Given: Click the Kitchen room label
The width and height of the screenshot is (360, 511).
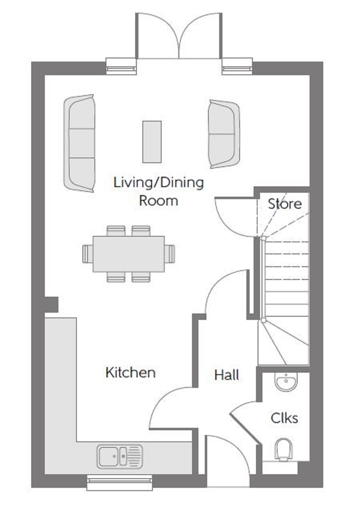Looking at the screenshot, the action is coord(130,373).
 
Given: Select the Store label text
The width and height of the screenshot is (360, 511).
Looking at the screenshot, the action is coord(285,204).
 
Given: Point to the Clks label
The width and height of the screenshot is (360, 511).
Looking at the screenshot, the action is coord(284,418).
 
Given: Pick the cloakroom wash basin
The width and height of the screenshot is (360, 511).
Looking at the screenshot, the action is coord(286,382).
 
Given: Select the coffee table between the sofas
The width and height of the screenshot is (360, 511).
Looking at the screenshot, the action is coord(152,142).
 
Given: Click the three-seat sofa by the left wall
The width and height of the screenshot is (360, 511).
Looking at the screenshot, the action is coord(79,143).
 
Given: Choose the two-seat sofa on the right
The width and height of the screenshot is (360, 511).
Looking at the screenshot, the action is coord(224,134).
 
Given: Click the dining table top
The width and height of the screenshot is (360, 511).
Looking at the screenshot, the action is coord(128,254).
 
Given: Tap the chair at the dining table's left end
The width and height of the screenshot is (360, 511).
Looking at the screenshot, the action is coord(88,254).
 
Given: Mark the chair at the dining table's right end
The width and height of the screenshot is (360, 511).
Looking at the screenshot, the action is coord(170,254).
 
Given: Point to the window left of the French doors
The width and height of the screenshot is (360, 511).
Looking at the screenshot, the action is coord(121,66).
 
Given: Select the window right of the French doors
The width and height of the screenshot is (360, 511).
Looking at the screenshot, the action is coord(237,66).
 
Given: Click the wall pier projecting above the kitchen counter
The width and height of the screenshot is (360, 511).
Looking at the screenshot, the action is coord(51,305).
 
